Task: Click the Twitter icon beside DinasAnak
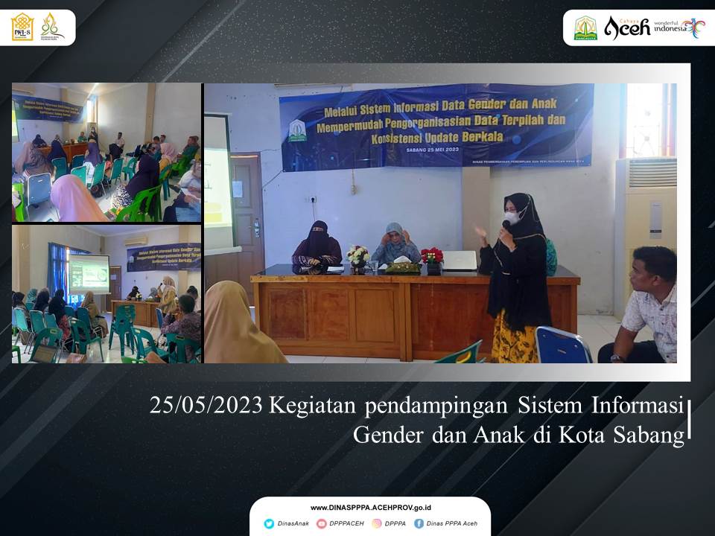(x=269, y=523)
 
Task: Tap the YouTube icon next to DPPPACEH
(x=322, y=523)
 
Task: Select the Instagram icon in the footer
(x=377, y=523)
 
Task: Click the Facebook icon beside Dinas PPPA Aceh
(x=419, y=523)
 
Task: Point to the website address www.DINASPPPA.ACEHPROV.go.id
(x=369, y=507)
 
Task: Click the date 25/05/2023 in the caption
(x=206, y=406)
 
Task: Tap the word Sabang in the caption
(x=648, y=435)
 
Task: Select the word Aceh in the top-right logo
(x=627, y=28)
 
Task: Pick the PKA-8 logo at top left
(x=22, y=27)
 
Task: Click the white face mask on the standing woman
(x=511, y=217)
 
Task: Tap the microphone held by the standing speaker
(x=506, y=226)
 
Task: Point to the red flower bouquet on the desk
(x=432, y=256)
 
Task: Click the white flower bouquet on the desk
(x=358, y=255)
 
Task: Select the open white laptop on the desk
(x=460, y=261)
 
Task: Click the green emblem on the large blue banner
(x=298, y=130)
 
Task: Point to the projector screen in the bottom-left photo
(x=89, y=274)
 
